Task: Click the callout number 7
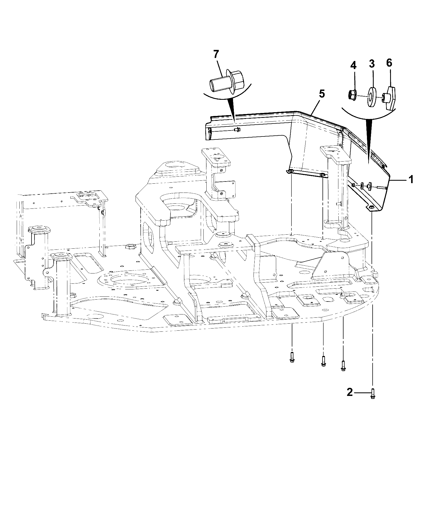click(x=216, y=54)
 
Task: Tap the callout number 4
click(x=353, y=65)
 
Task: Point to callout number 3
click(x=372, y=64)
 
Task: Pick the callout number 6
click(x=389, y=63)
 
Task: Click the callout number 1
click(x=411, y=179)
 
